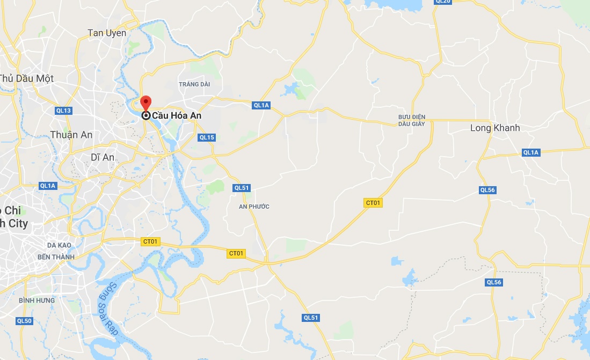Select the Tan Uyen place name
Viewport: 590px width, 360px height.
[107, 33]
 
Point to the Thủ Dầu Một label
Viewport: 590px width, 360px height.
[27, 78]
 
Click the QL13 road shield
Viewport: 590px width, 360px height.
[63, 111]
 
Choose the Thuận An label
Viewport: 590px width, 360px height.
[71, 135]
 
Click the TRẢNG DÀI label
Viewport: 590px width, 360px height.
[194, 84]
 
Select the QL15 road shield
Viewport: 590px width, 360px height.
[207, 137]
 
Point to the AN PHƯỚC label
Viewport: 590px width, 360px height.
[254, 207]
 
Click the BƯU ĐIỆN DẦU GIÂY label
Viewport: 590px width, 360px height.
[412, 120]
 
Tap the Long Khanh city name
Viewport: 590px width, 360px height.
[495, 128]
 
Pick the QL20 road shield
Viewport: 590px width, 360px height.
[443, 2]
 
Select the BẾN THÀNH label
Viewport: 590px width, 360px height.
[56, 257]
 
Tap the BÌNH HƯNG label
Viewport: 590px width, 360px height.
[37, 300]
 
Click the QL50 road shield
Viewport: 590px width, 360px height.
[24, 321]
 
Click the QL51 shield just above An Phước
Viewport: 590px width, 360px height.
[242, 188]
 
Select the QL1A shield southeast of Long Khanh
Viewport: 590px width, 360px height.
[530, 152]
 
